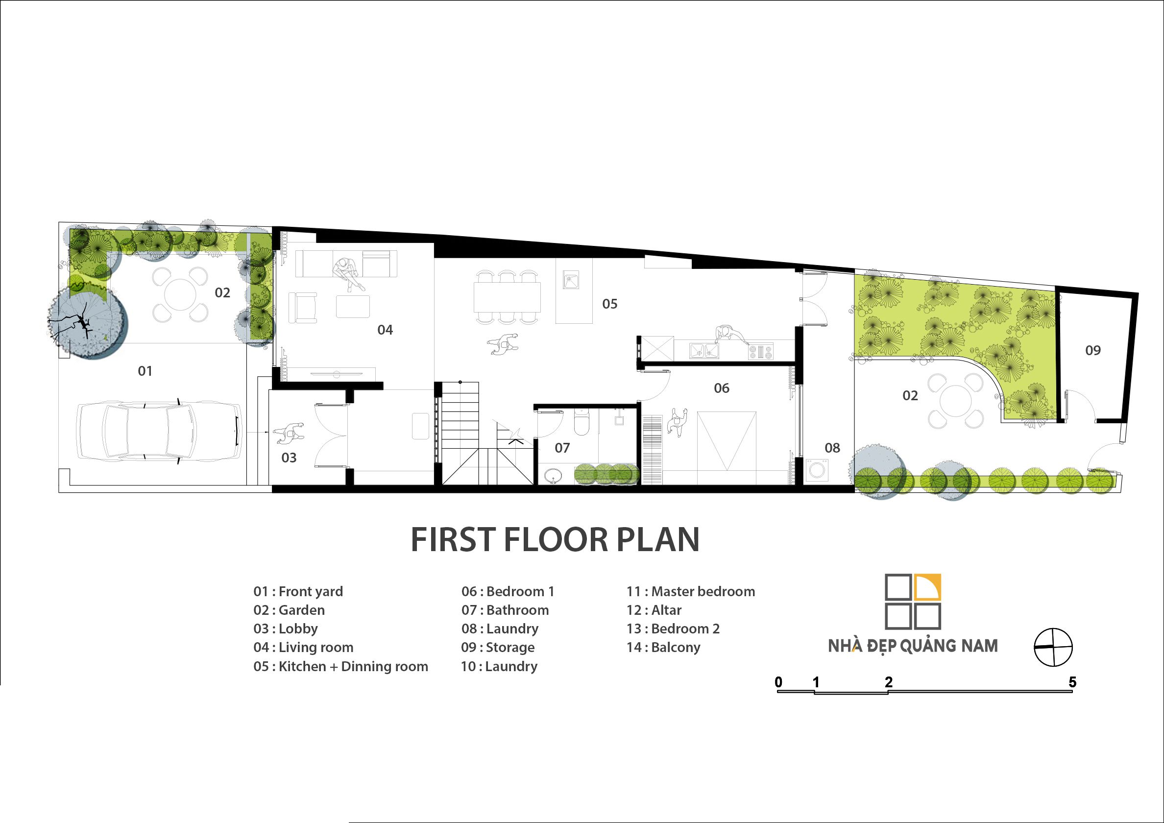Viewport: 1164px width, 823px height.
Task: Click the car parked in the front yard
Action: tap(159, 432)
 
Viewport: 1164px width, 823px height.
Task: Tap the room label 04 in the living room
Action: tap(385, 330)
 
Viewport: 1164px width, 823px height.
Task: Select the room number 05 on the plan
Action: tap(610, 304)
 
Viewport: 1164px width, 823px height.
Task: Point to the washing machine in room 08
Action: tap(817, 470)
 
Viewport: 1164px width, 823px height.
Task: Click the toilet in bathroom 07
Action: tap(581, 422)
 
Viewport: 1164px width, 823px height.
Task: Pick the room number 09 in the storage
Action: tap(1093, 350)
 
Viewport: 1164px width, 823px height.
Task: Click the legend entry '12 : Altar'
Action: tap(654, 610)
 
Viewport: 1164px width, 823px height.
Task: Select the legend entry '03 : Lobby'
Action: tap(286, 629)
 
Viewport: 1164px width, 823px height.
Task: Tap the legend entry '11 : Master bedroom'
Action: tap(690, 591)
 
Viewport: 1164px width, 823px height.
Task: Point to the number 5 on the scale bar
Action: tap(1072, 682)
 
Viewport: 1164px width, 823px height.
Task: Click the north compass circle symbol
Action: tap(1053, 647)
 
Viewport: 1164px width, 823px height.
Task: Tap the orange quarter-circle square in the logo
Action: tap(928, 587)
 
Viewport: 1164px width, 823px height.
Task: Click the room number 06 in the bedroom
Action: tap(722, 388)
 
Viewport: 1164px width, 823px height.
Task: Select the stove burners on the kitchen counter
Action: tap(760, 351)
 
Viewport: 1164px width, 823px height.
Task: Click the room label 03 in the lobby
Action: tap(289, 458)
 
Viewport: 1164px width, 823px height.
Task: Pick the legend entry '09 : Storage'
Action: tap(498, 648)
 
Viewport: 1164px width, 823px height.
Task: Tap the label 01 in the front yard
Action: tap(145, 371)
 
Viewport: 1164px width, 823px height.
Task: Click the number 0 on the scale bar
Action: tap(779, 682)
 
